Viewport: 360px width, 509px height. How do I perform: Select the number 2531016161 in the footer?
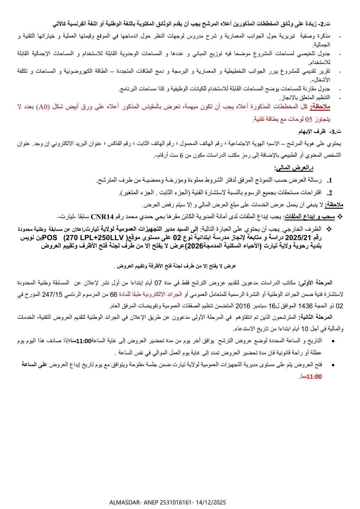coord(175,502)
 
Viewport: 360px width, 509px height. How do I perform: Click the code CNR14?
coord(102,217)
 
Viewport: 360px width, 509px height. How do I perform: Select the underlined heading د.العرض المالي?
coord(294,168)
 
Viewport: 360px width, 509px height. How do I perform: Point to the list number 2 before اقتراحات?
coord(330,193)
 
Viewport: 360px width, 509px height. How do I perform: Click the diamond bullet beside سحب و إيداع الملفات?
coord(339,217)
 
